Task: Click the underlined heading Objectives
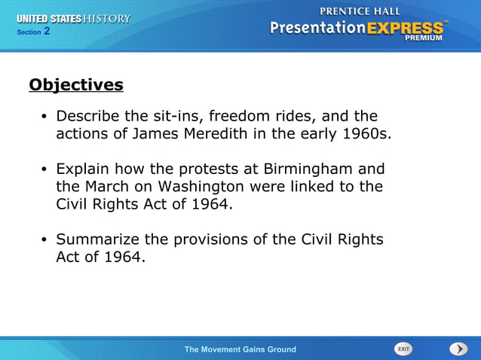pos(75,85)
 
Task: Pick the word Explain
pos(85,169)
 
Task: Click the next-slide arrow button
pos(458,349)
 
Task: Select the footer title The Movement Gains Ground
pos(240,349)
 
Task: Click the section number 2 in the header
pos(47,32)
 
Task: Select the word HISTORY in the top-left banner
pos(108,19)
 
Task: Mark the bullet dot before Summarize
pos(44,240)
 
